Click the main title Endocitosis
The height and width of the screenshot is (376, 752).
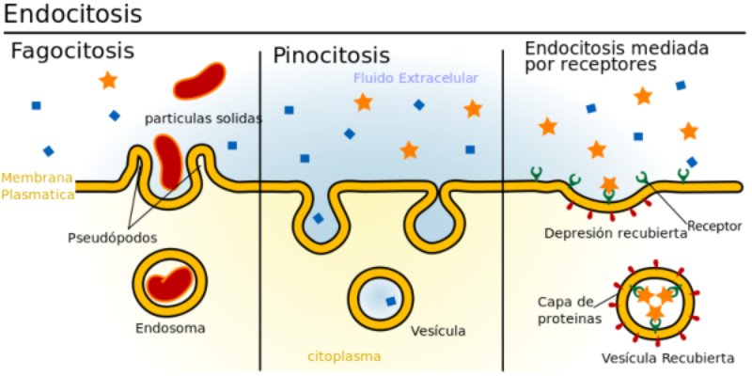pyautogui.click(x=73, y=16)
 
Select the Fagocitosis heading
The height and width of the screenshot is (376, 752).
pyautogui.click(x=72, y=52)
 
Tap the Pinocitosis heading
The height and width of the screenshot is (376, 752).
pyautogui.click(x=331, y=55)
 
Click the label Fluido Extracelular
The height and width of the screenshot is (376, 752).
pyautogui.click(x=415, y=78)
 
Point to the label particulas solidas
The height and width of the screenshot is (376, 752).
pyautogui.click(x=203, y=119)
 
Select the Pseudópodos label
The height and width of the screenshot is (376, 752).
pyautogui.click(x=112, y=237)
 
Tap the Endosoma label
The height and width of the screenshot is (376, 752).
pyautogui.click(x=170, y=329)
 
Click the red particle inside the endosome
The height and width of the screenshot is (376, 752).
pyautogui.click(x=172, y=282)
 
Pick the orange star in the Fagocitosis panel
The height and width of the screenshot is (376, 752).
pyautogui.click(x=108, y=80)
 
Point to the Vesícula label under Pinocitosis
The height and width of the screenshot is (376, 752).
pyautogui.click(x=438, y=331)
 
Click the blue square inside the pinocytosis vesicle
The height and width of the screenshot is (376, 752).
pyautogui.click(x=390, y=302)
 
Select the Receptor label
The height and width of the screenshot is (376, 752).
pyautogui.click(x=714, y=226)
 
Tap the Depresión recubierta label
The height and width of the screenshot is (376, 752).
pyautogui.click(x=616, y=233)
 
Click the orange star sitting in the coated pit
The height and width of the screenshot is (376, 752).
pyautogui.click(x=609, y=184)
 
